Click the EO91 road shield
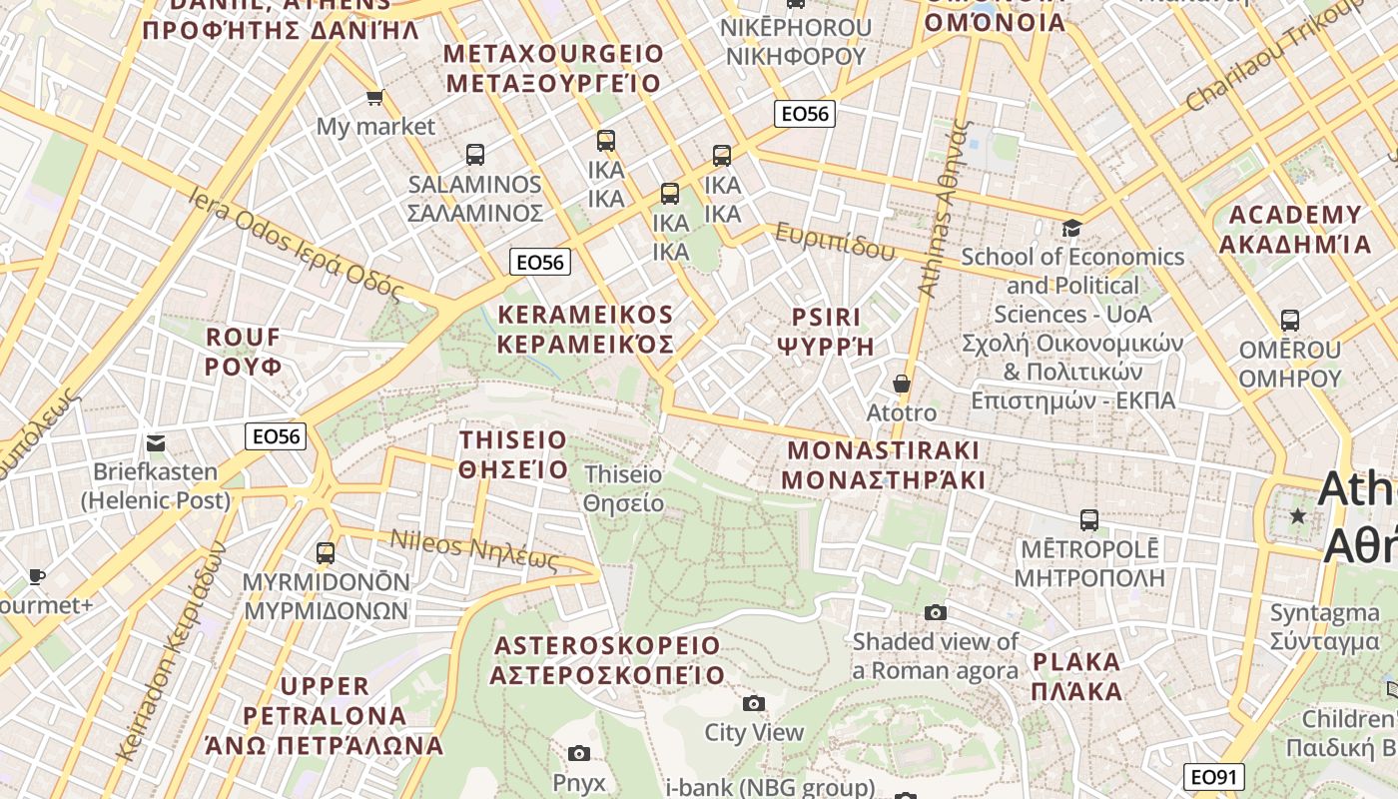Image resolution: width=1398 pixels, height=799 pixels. [1215, 777]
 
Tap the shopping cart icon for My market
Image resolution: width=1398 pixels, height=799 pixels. [374, 97]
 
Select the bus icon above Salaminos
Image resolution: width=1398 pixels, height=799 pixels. [475, 155]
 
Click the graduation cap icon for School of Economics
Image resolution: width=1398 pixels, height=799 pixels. [1072, 229]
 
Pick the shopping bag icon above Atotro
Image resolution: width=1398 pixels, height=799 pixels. [901, 384]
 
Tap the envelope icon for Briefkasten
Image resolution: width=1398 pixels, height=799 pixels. [156, 442]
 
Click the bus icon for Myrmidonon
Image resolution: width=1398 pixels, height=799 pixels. [326, 552]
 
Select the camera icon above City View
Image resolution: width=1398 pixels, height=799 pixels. [754, 704]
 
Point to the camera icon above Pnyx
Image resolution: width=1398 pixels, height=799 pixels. [578, 753]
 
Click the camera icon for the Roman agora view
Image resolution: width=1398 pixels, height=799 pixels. [935, 612]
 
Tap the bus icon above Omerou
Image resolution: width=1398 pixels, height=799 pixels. [1290, 321]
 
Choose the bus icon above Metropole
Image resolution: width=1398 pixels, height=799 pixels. [1088, 520]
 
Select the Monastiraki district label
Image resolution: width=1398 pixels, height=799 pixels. [883, 464]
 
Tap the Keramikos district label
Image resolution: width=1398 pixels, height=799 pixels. [585, 330]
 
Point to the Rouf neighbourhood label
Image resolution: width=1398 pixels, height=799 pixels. [244, 352]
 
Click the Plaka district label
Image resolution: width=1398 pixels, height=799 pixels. [1076, 676]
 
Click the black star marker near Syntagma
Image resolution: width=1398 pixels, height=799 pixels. [1297, 516]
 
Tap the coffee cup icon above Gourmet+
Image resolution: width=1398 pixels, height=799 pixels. [36, 576]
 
